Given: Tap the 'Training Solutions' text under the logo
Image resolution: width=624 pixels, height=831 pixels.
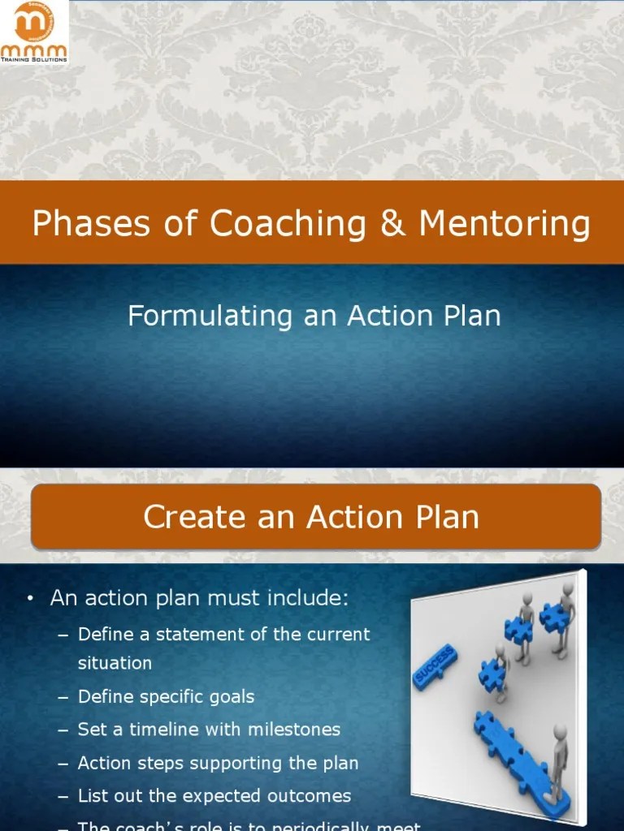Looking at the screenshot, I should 35,59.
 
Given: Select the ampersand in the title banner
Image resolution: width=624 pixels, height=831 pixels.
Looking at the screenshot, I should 393,223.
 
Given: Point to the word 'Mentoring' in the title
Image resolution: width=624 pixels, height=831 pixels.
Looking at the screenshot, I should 505,223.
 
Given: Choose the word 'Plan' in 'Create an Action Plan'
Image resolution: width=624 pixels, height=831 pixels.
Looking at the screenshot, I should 445,517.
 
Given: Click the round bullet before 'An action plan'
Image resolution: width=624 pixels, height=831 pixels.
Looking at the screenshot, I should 30,601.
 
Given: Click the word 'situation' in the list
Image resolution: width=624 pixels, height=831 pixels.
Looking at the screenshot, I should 115,663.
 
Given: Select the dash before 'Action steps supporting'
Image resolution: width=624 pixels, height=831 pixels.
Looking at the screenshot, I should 63,764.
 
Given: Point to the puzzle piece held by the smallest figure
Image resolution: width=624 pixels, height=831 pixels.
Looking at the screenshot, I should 491,673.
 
